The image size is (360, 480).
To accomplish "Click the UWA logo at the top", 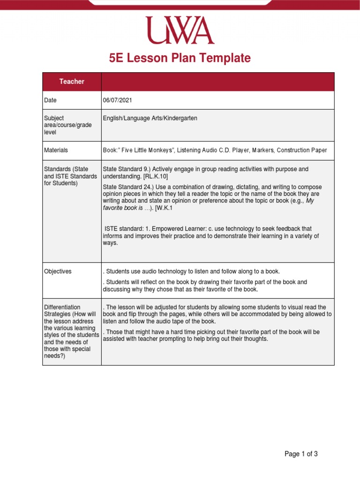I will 180,30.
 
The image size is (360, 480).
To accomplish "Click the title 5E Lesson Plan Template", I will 180,58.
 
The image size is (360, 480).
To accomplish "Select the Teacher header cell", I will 72,82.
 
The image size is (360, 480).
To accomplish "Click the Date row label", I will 50,100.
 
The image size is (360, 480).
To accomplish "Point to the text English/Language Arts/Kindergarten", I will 150,119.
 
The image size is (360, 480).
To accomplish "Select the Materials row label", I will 56,150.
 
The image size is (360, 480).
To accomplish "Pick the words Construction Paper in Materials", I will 302,150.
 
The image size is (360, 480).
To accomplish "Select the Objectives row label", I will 58,271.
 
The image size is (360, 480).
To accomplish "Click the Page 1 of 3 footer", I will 301,454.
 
